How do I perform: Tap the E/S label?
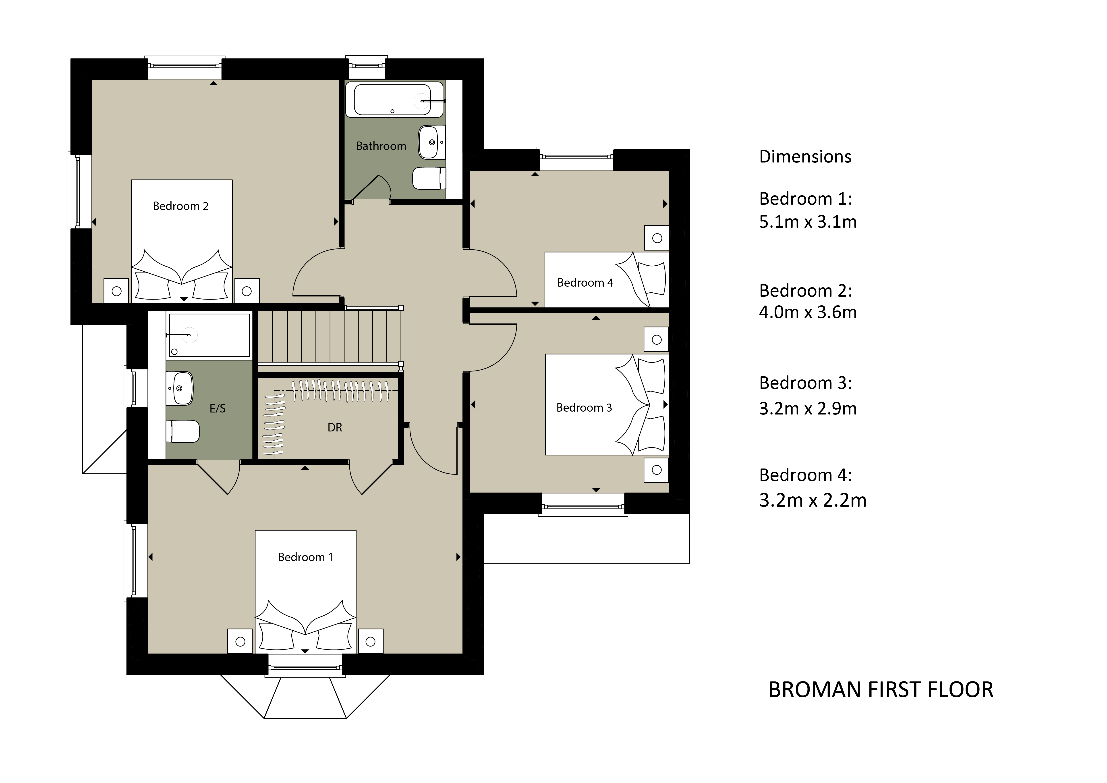(218, 409)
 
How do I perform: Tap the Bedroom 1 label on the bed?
(305, 557)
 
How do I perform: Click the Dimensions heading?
(805, 157)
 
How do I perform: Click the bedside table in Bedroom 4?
(657, 238)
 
